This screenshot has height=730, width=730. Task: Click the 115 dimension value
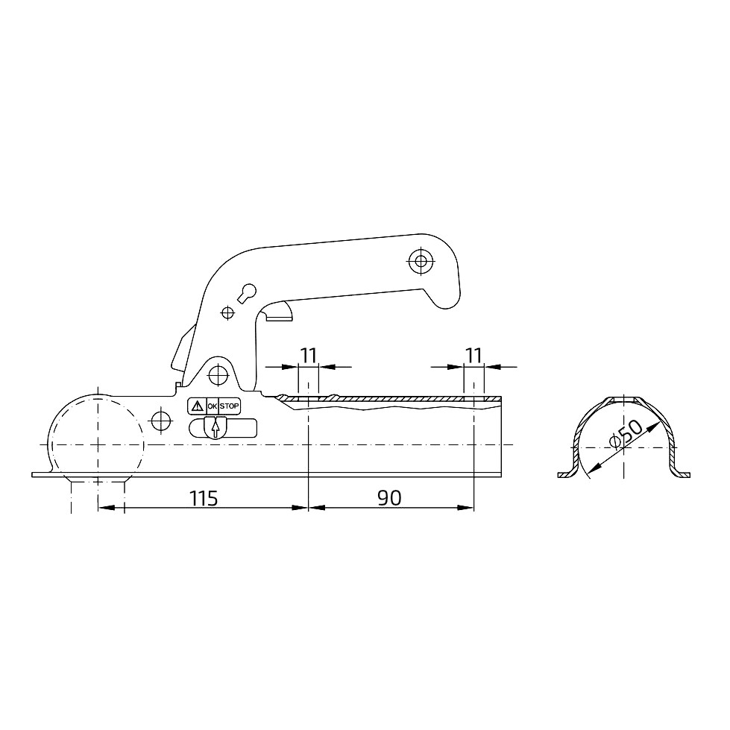tap(204, 498)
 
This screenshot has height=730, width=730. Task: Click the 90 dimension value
tap(390, 498)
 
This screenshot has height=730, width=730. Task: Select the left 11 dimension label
tap(308, 356)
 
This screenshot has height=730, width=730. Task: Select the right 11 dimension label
tap(473, 356)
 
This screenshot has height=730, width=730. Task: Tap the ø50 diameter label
tap(626, 433)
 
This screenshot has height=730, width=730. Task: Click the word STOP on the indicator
tap(229, 406)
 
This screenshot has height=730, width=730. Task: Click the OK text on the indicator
tap(213, 406)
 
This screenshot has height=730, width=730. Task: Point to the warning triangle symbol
tap(198, 406)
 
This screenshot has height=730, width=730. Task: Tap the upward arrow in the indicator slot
tap(215, 428)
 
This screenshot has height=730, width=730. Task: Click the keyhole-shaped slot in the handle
tap(248, 293)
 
